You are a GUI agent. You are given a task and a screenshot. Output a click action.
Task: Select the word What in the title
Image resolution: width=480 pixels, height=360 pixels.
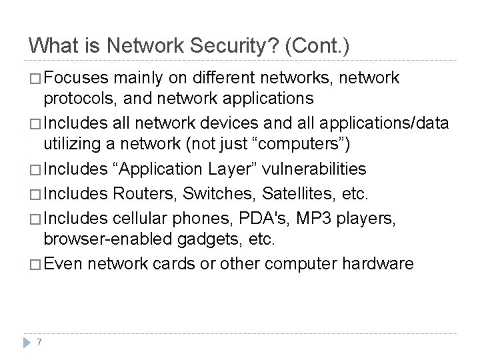tap(53, 46)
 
